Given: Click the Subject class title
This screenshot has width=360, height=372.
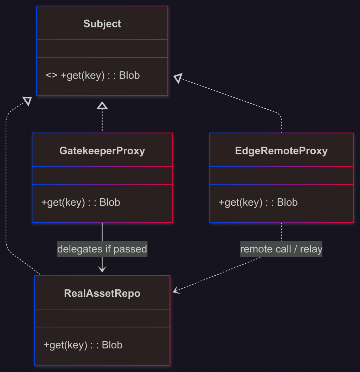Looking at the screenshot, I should coord(102,24).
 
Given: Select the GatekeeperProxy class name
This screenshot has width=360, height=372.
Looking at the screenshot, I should coord(102,151).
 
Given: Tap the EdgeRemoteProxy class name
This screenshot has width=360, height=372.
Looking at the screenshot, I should coord(281,151).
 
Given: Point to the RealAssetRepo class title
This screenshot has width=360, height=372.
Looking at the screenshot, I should coord(102,293).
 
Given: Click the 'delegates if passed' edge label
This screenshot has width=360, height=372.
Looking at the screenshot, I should coord(102,249).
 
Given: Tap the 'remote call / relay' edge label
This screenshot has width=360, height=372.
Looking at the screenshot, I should coord(281,249).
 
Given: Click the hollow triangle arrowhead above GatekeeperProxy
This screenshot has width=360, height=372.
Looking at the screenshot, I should coord(102,105).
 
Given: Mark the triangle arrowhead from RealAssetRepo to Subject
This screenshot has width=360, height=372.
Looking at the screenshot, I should coord(27,101).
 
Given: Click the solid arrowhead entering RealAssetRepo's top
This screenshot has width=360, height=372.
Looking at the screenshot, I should coord(102,269).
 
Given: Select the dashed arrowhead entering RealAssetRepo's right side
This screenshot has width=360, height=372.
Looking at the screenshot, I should coord(176,290).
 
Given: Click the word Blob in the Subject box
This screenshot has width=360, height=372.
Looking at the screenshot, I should coord(129,76).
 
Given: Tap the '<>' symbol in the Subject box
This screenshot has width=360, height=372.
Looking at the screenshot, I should coord(51,76).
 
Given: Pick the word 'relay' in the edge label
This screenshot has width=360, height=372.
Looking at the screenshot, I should coord(311,249).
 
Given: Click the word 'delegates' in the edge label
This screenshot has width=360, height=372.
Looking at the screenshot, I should coord(80,249).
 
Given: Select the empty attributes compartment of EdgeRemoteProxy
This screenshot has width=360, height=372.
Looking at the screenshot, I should coord(281,175).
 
